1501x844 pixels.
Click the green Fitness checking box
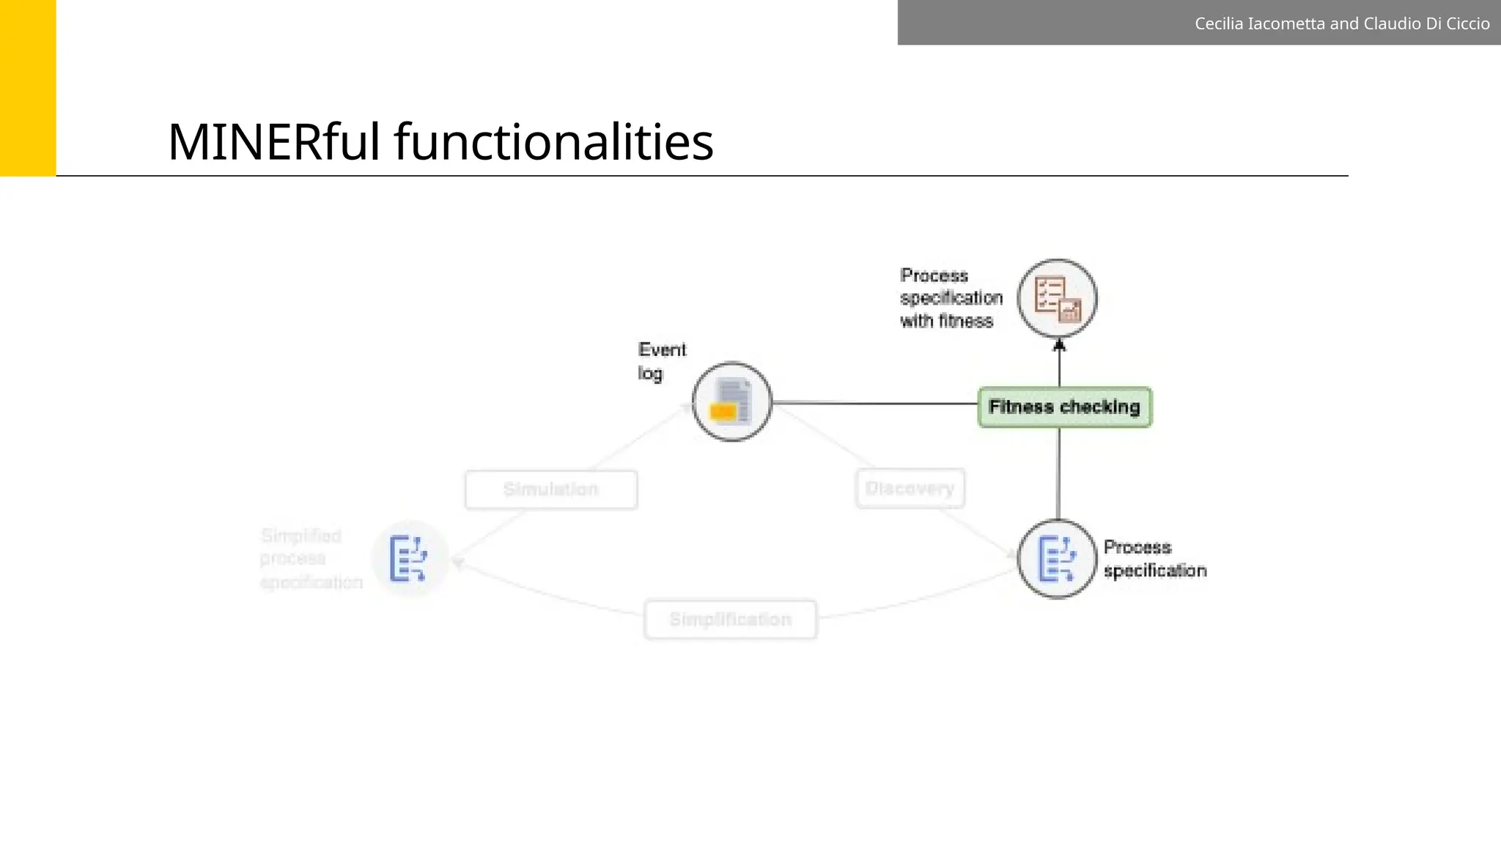pyautogui.click(x=1064, y=407)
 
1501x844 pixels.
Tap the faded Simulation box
pyautogui.click(x=551, y=489)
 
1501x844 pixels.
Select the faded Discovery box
pyautogui.click(x=910, y=489)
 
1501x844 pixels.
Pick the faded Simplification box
pyautogui.click(x=730, y=620)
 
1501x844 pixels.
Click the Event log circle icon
pyautogui.click(x=732, y=401)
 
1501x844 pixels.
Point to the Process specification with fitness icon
pyautogui.click(x=1057, y=298)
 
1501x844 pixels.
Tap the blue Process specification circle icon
pyautogui.click(x=1057, y=558)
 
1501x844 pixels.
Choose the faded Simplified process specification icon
pyautogui.click(x=409, y=558)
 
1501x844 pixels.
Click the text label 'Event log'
pyautogui.click(x=661, y=361)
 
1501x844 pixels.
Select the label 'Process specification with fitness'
pyautogui.click(x=951, y=298)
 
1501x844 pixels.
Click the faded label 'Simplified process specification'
pyautogui.click(x=311, y=559)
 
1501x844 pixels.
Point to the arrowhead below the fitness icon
pyautogui.click(x=1059, y=344)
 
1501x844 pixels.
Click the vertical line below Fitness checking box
pyautogui.click(x=1058, y=473)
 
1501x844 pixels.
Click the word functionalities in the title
pyautogui.click(x=554, y=141)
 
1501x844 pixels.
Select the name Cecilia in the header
pyautogui.click(x=1219, y=23)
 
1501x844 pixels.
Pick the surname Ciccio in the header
pyautogui.click(x=1467, y=23)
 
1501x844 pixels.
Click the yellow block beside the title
pyautogui.click(x=28, y=88)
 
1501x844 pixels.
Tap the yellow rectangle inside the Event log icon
pyautogui.click(x=723, y=412)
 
